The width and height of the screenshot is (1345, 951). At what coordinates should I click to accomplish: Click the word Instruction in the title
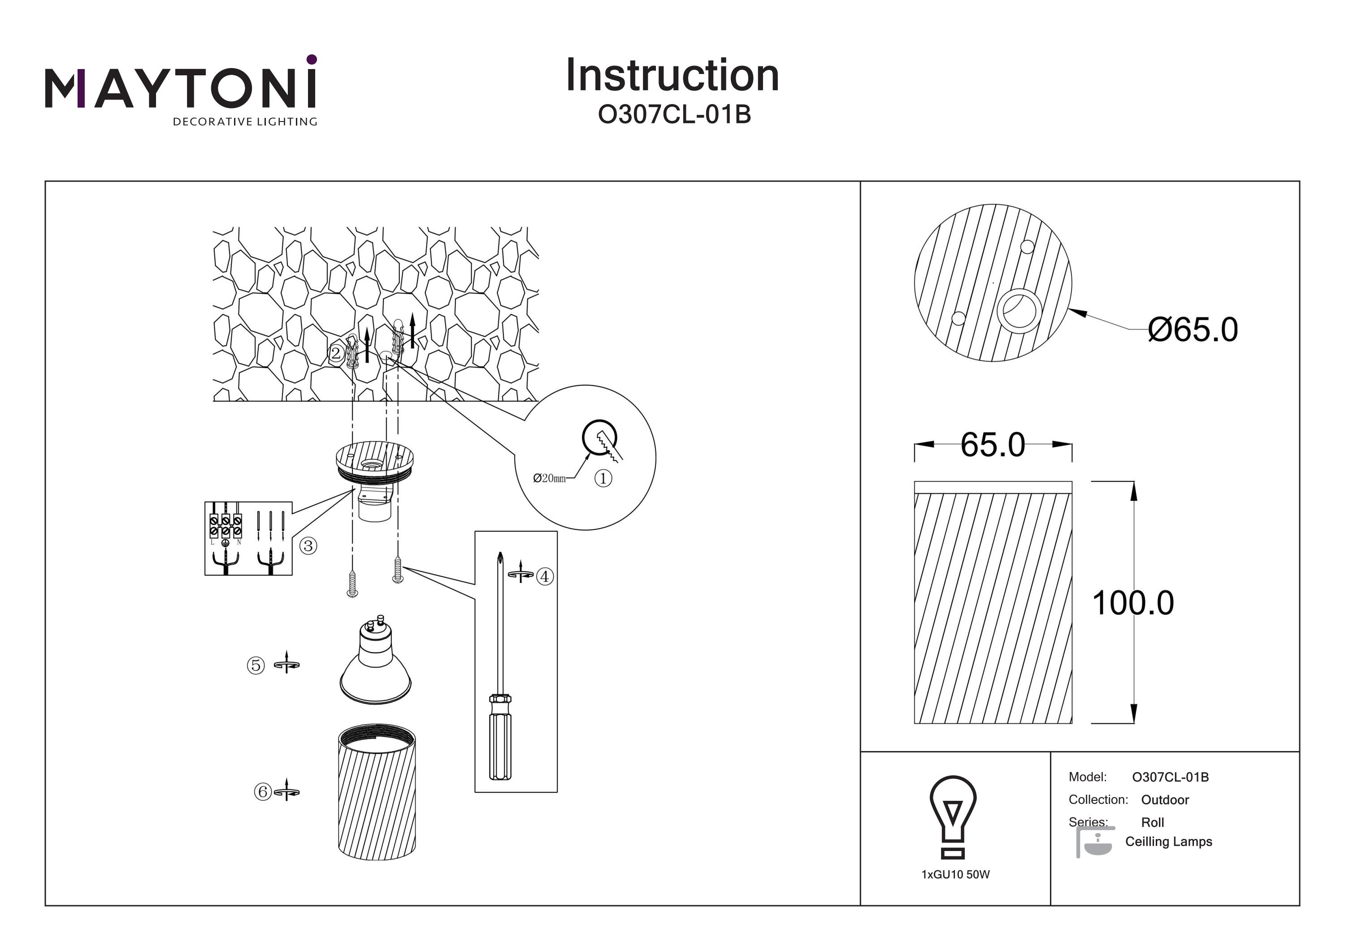coord(672,76)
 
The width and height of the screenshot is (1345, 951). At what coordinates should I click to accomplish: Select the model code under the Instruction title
coord(674,115)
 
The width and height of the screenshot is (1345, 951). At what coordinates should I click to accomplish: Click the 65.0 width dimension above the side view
coord(993,445)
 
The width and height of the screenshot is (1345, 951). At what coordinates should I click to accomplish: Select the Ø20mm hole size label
coord(550,478)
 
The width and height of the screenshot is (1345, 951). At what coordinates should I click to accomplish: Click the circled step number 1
coord(603,478)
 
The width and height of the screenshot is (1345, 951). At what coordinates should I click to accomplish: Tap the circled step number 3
coord(308,546)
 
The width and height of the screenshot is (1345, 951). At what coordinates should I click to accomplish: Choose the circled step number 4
coord(545,577)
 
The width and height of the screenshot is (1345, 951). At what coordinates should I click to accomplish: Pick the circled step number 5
coord(256,665)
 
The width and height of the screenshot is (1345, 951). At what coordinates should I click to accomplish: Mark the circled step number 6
coord(262,792)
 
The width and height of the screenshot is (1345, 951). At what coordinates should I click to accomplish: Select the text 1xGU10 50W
coord(955,875)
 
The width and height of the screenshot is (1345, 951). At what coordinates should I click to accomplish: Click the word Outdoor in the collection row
coord(1165,800)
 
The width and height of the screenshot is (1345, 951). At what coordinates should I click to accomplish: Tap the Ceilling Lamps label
coord(1169,842)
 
